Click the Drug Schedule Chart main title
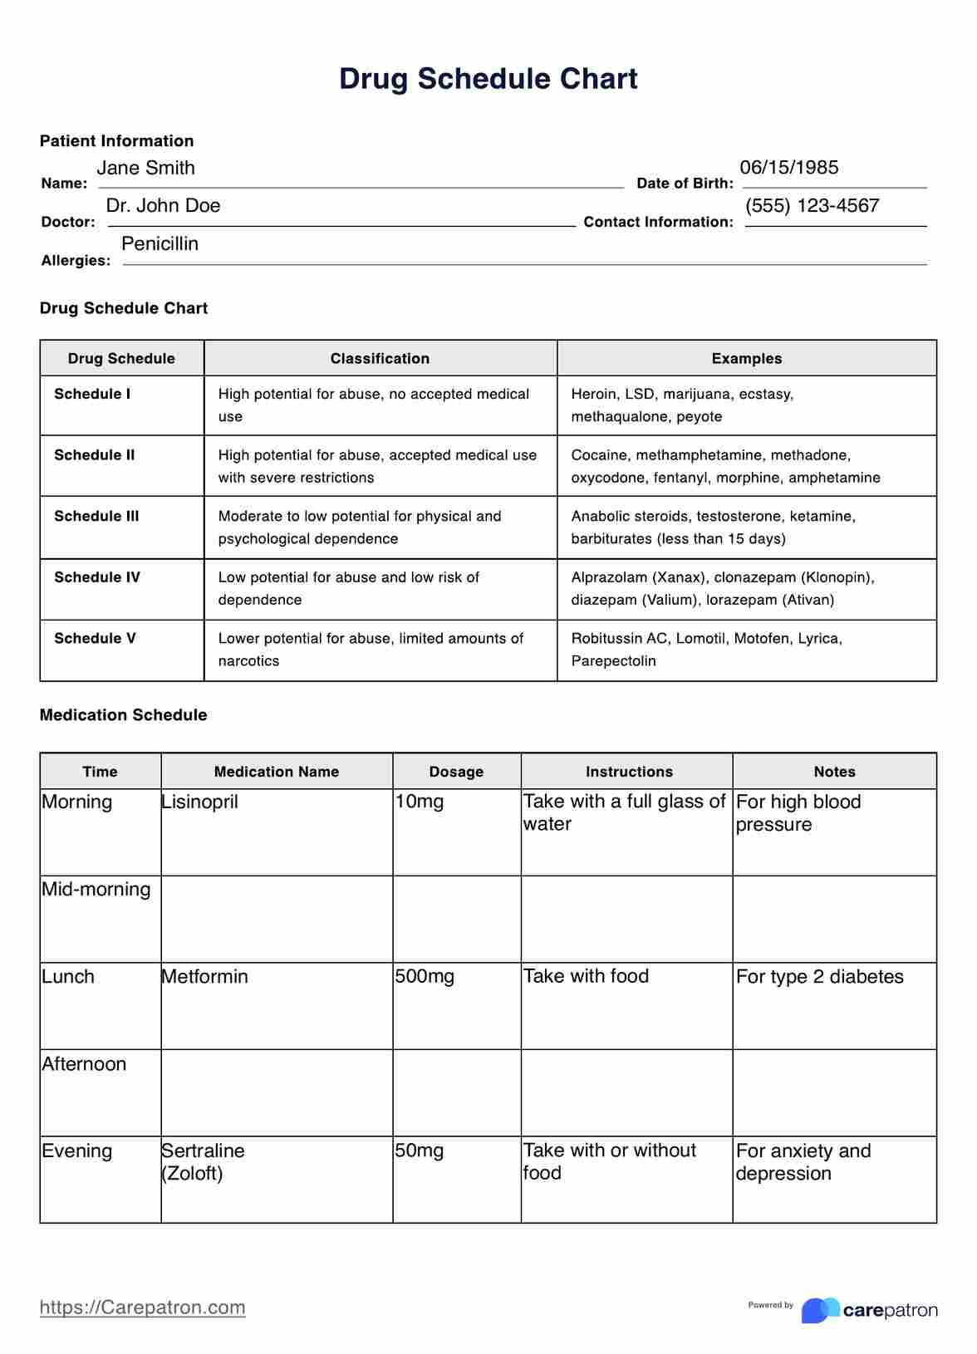pos(488,79)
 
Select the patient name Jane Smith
pos(145,168)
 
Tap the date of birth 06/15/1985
pos(788,167)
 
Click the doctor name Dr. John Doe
pos(163,206)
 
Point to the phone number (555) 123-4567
pos(812,206)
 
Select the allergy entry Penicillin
pos(160,244)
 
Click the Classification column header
pos(380,359)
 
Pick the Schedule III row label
pos(96,516)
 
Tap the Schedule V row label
pos(95,638)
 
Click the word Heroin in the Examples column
pos(593,394)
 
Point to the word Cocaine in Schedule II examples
pos(599,455)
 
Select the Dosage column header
pos(456,772)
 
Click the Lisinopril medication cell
pos(199,802)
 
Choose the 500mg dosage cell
pos(425,977)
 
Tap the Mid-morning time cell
pos(96,890)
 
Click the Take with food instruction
pos(586,977)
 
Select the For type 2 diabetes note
pos(819,977)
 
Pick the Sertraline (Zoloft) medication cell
pos(203,1162)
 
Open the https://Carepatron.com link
pos(142,1307)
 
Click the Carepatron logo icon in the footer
pos(820,1310)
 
